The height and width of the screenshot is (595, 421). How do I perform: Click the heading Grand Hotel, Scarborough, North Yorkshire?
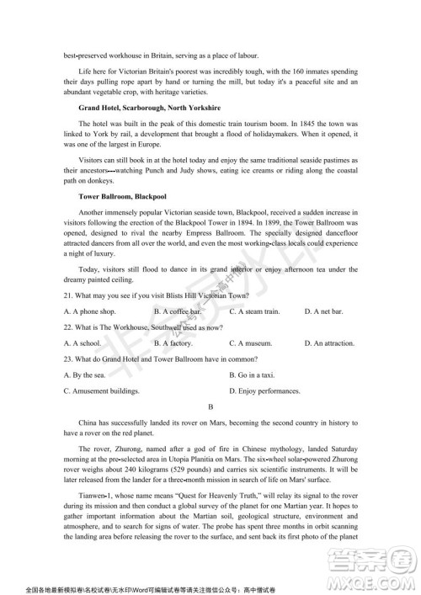tap(137, 109)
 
